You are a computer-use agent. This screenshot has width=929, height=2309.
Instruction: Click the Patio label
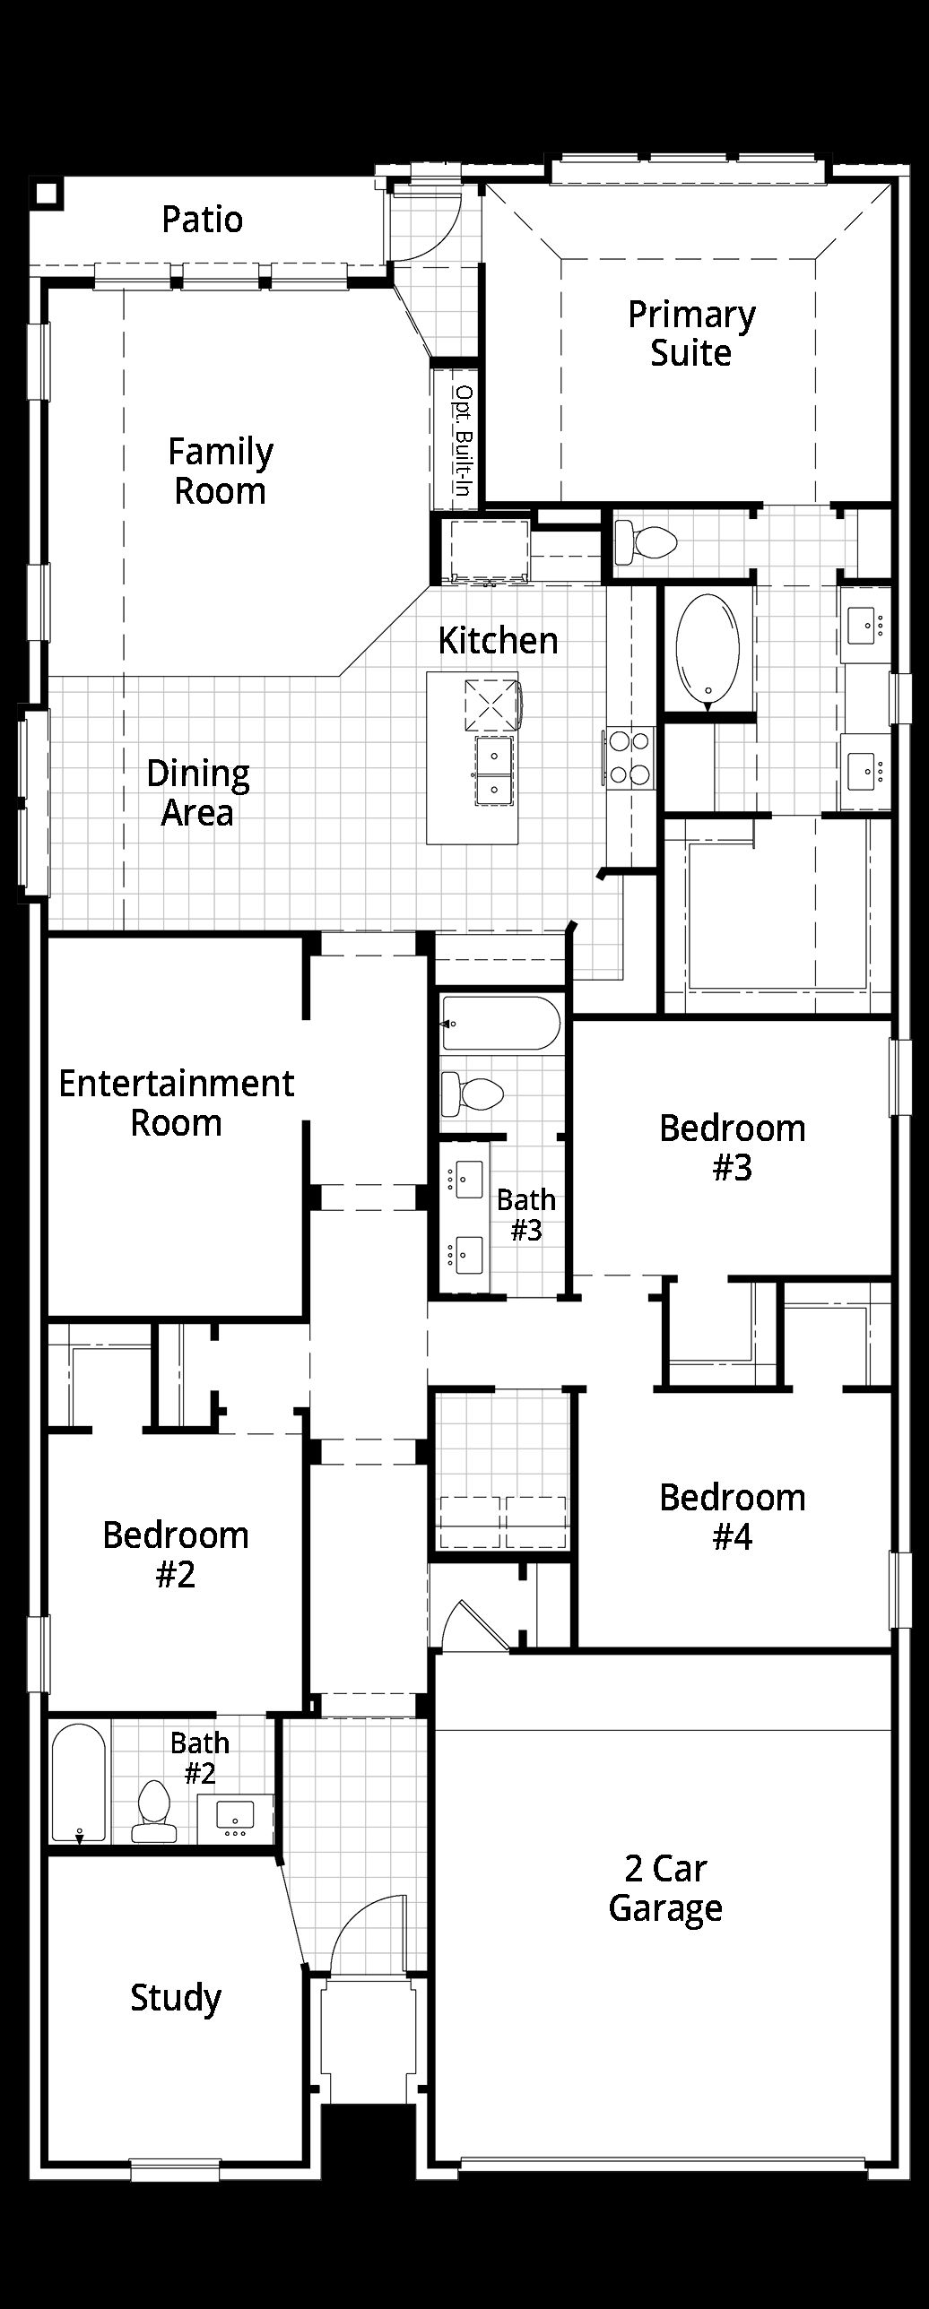pos(202,220)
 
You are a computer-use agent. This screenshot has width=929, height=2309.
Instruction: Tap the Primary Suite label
pos(691,333)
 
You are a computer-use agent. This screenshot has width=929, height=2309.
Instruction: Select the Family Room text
pos(221,471)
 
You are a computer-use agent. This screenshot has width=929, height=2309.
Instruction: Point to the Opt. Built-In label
pos(463,440)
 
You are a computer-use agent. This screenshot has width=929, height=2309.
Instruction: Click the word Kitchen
pos(498,640)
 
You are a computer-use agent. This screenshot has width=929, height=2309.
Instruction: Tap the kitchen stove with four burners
pos(629,757)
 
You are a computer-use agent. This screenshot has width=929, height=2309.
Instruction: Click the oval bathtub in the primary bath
pos(708,648)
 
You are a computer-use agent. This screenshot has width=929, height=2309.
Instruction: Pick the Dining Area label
pos(198,792)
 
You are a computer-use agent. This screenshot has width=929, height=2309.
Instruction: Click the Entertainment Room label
pos(177,1103)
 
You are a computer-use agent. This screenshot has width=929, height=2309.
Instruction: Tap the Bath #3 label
pos(526,1215)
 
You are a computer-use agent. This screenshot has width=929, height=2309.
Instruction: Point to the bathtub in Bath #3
pos(500,1023)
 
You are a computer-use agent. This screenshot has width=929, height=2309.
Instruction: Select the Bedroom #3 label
pos(733,1147)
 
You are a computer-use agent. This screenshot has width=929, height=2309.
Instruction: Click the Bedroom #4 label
pos(733,1517)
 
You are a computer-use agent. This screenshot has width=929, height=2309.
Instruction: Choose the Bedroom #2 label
pos(176,1554)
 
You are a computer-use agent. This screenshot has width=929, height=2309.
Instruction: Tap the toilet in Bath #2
pos(155,1811)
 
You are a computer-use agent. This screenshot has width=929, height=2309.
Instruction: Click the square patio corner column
pos(46,193)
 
